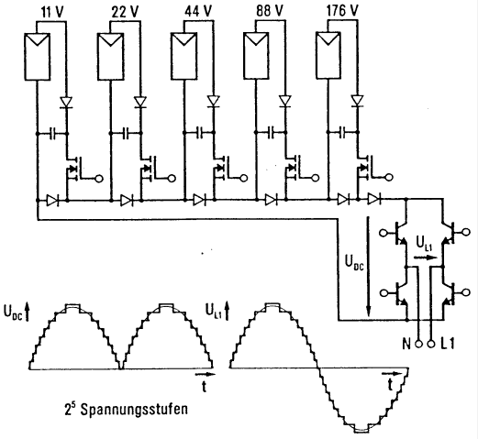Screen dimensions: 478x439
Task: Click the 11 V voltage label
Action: coord(52,12)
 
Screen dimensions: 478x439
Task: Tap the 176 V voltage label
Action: coord(342,11)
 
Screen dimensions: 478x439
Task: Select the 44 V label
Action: coord(198,11)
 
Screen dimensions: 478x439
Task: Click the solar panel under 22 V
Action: coord(110,57)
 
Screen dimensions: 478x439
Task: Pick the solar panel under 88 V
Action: coord(257,55)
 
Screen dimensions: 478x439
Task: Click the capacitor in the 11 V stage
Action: coord(52,134)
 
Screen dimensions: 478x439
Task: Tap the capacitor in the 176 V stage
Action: coord(343,132)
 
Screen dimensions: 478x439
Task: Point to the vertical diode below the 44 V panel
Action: coord(213,101)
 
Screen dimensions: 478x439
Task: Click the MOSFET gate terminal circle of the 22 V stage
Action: coord(172,178)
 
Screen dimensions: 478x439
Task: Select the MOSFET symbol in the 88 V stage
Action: coord(292,168)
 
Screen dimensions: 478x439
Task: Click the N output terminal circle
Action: coord(418,344)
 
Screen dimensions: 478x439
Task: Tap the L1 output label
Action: coord(448,345)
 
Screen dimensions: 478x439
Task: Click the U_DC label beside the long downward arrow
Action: coord(354,262)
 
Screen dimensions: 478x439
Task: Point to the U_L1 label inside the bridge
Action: coord(424,243)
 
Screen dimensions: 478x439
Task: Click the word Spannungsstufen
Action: coord(134,410)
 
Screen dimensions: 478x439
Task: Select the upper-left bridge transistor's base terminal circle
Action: coord(383,234)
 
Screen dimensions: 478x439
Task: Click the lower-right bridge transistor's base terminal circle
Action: coord(466,292)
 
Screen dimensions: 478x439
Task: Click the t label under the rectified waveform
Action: coord(205,386)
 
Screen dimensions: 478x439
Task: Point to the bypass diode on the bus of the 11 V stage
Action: coord(52,201)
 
